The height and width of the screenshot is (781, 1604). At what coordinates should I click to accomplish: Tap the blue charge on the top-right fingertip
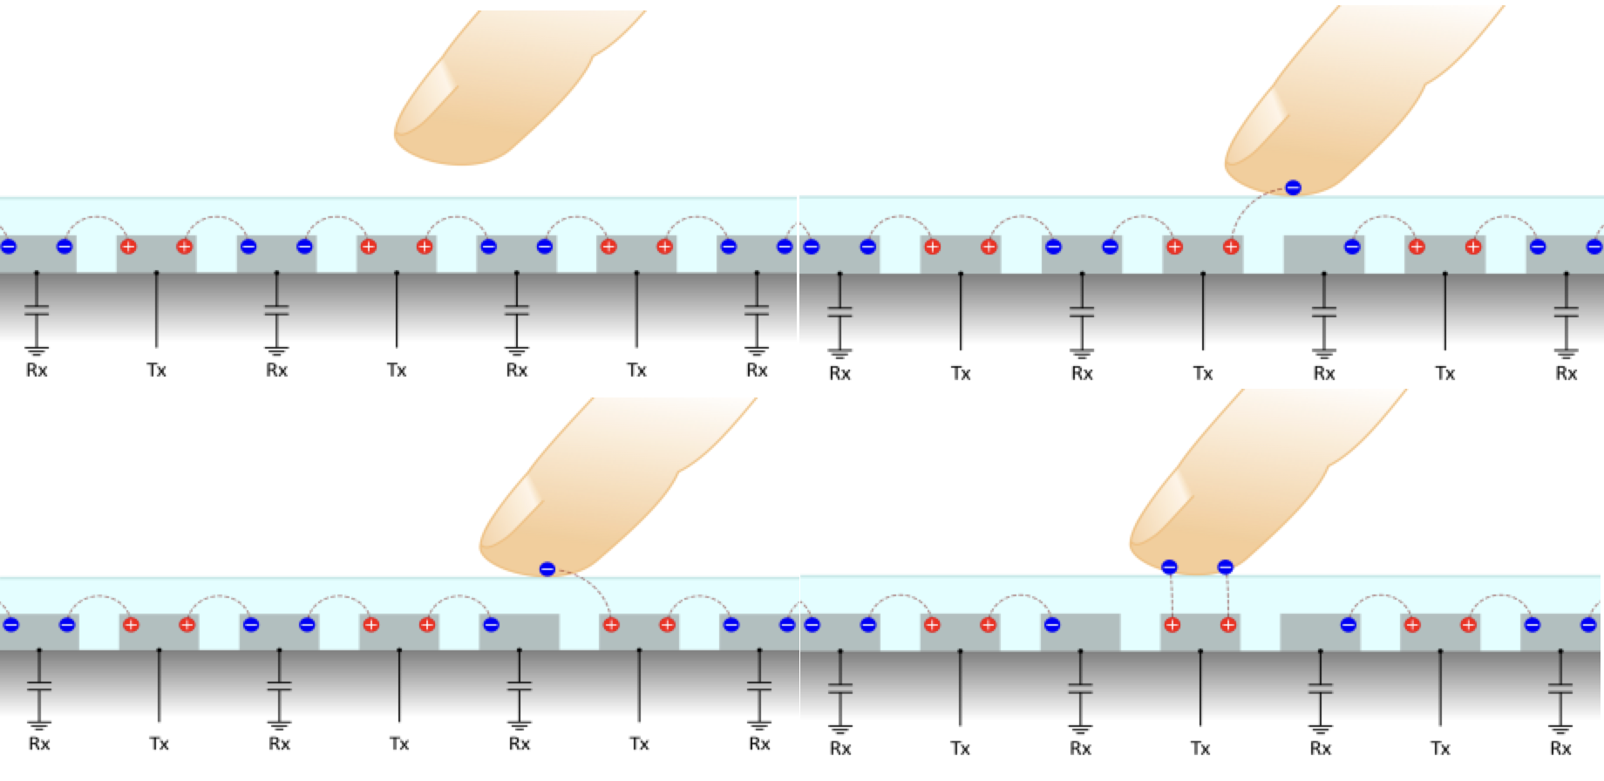pos(1293,187)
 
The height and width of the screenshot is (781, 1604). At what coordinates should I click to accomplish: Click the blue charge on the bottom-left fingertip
pos(547,569)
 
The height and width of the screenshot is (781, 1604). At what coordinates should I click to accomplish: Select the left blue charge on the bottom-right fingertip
pos(1169,567)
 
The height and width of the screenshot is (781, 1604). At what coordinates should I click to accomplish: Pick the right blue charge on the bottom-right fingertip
pos(1225,567)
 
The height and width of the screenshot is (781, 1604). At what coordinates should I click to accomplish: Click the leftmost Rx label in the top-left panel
pos(37,370)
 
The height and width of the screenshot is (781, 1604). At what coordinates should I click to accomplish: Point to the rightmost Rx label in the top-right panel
pos(1566,374)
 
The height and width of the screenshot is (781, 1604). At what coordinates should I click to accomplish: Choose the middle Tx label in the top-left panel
pos(397,370)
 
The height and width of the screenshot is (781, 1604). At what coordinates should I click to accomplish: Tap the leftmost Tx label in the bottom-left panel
pos(159,744)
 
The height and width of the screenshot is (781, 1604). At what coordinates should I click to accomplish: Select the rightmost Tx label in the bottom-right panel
pos(1440,749)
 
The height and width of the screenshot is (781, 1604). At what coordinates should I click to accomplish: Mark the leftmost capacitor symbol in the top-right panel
pos(839,312)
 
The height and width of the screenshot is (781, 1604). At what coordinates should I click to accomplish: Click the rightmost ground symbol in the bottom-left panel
pos(759,724)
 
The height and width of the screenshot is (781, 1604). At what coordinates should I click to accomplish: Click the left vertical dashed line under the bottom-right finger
pos(1171,596)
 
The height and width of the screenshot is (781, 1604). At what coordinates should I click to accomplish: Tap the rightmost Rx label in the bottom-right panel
pos(1560,749)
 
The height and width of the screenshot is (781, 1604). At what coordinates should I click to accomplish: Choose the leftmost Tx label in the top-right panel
pos(961,374)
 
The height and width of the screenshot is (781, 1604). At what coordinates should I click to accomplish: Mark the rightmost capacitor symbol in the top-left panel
pos(757,309)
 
